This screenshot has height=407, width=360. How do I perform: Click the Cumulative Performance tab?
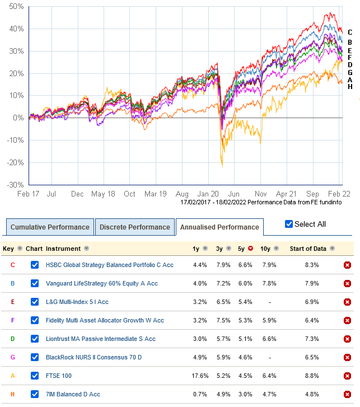(x=50, y=227)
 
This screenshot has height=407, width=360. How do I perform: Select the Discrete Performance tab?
(x=134, y=227)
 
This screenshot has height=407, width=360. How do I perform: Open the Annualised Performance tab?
(x=219, y=227)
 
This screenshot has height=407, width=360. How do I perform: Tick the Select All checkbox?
(x=289, y=224)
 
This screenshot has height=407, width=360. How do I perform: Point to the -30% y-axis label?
(x=15, y=185)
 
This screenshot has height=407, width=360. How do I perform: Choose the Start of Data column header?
(x=308, y=249)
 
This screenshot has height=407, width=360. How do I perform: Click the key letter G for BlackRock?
(x=12, y=357)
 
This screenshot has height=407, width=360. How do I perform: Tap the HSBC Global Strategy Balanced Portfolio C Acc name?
(x=109, y=265)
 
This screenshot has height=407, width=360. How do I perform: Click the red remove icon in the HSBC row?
(x=347, y=265)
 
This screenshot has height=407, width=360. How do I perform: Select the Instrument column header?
(x=63, y=249)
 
